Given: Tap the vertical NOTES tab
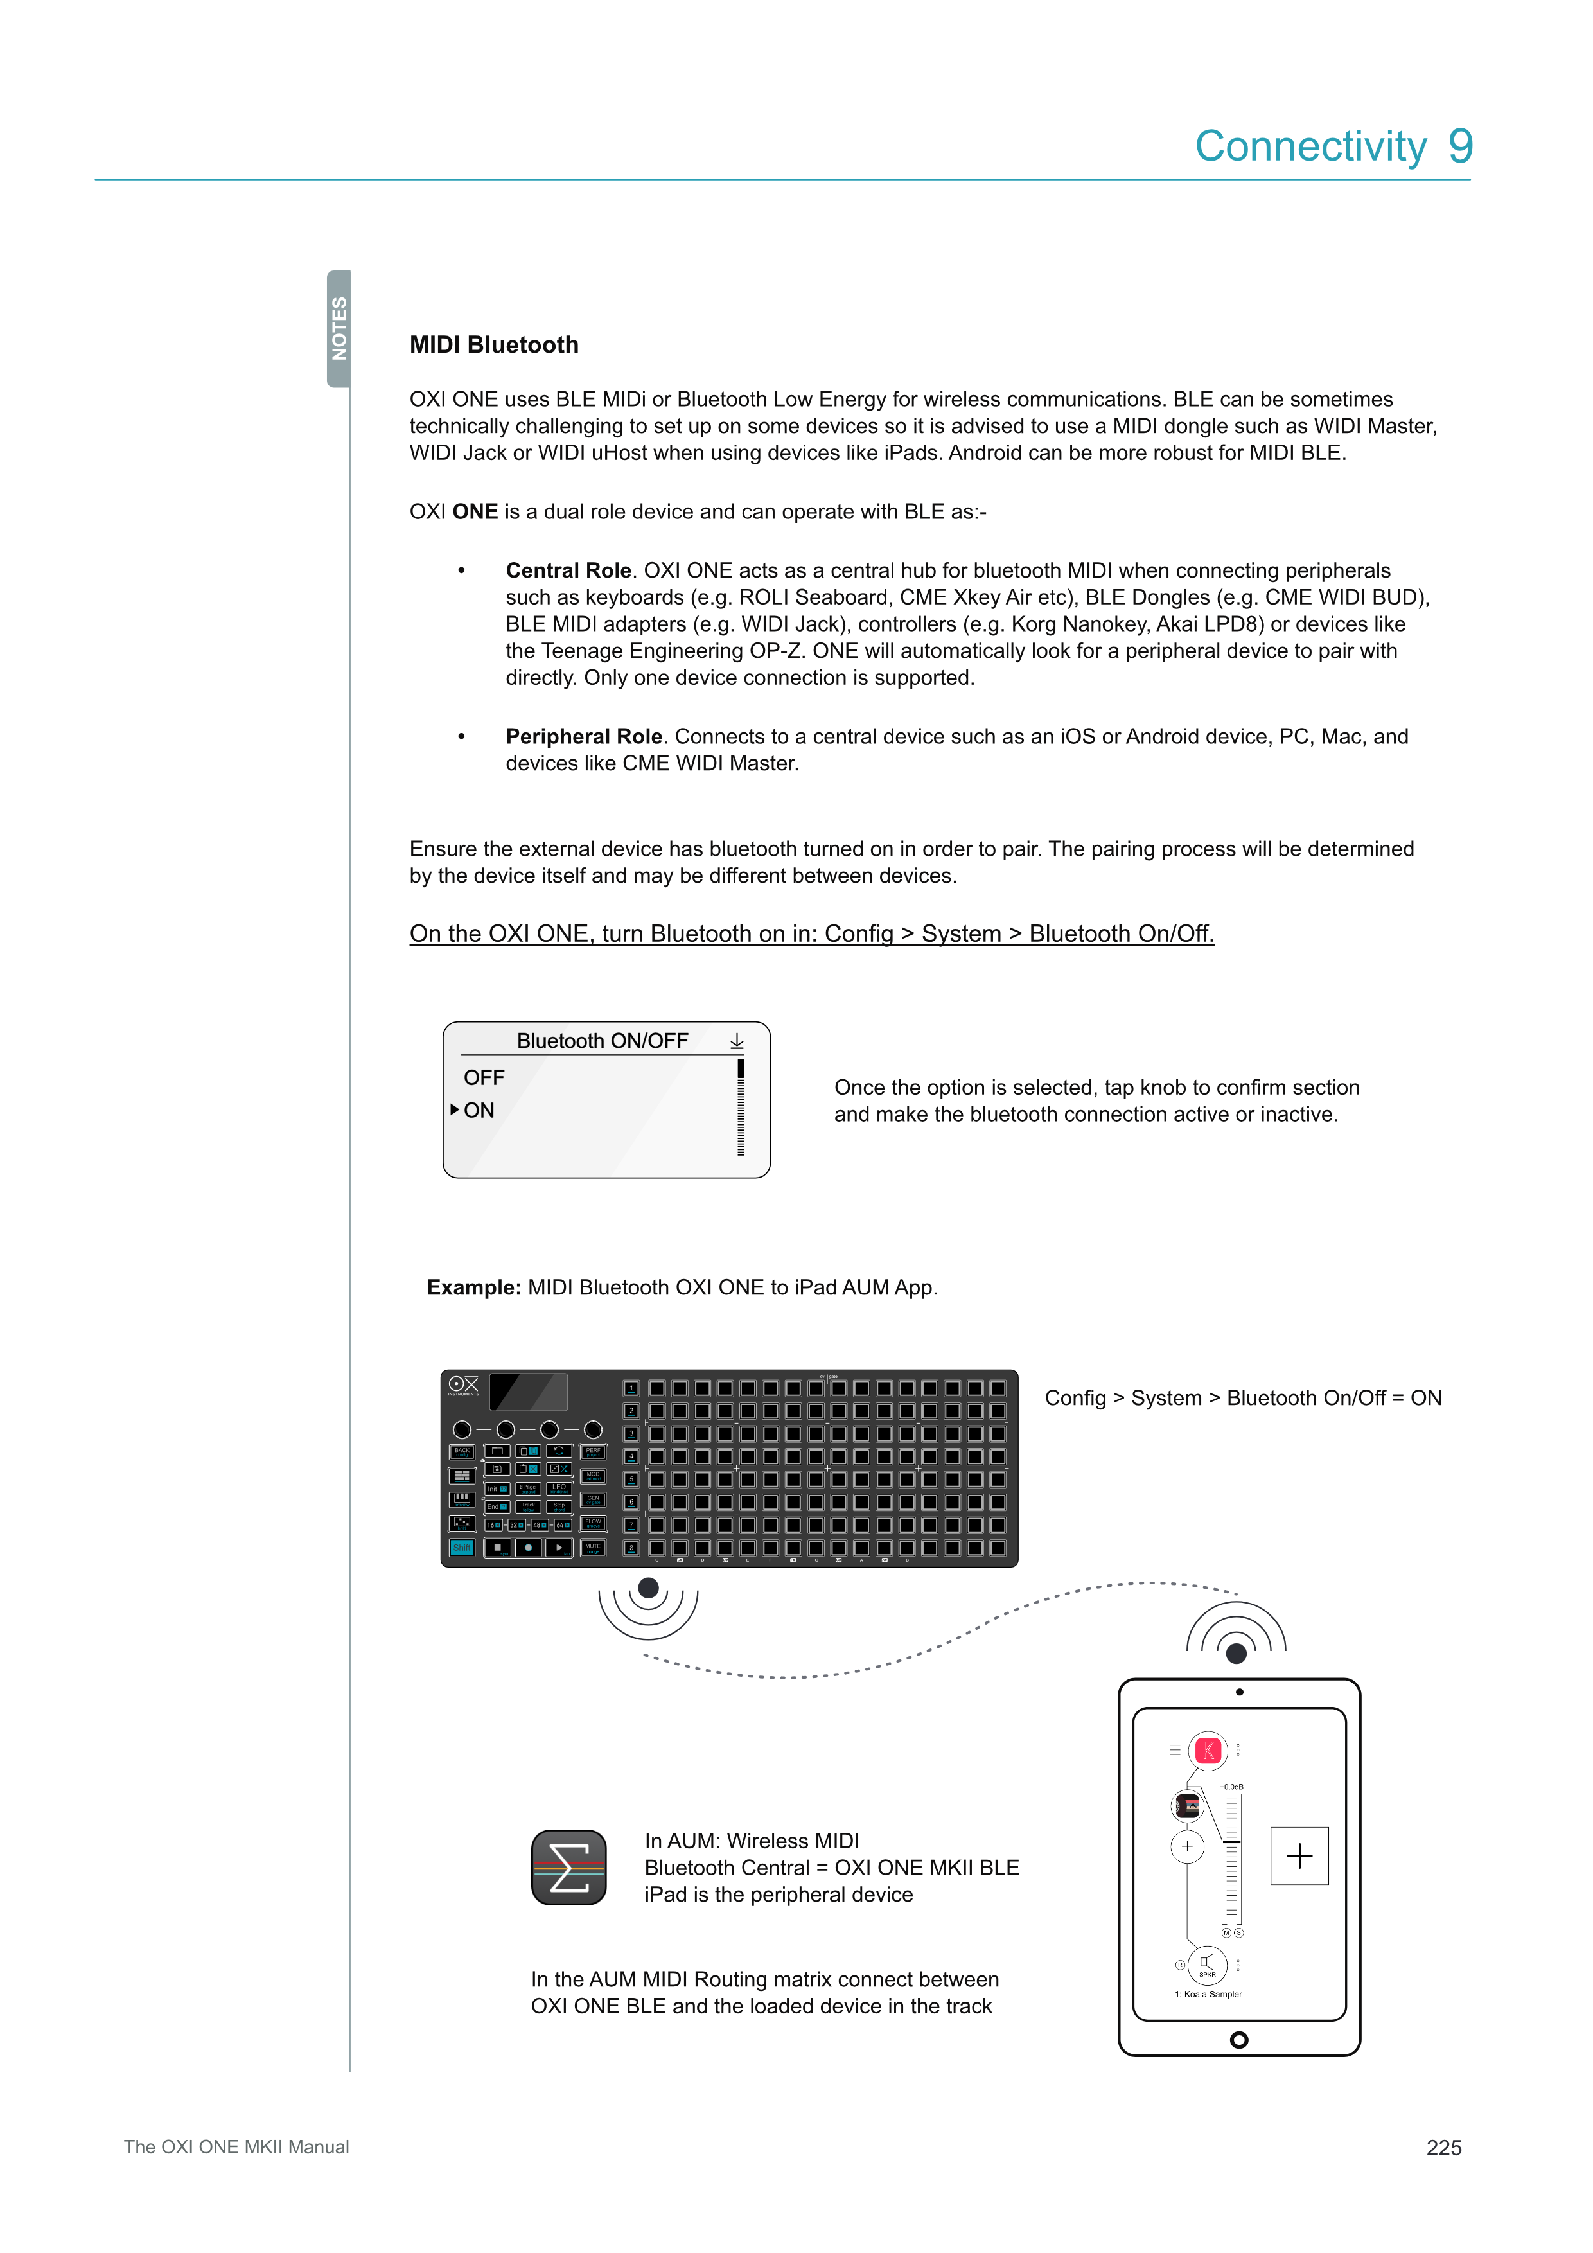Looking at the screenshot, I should (339, 329).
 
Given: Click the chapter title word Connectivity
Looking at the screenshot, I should (1310, 146).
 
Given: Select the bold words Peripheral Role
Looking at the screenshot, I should (584, 736).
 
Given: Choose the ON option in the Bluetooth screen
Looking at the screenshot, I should (479, 1110).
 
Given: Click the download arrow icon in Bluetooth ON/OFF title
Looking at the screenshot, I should (737, 1041).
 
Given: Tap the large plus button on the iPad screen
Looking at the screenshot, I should (1299, 1855).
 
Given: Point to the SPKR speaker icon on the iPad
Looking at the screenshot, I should (1208, 1963).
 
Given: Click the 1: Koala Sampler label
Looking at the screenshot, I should (1208, 1994).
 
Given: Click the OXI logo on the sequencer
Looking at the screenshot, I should (463, 1384).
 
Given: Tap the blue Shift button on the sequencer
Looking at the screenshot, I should (461, 1548).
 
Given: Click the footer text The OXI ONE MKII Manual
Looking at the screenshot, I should (236, 2147).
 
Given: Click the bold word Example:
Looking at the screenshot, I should (473, 1287).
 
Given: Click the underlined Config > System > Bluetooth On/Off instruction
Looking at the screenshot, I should (811, 933).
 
